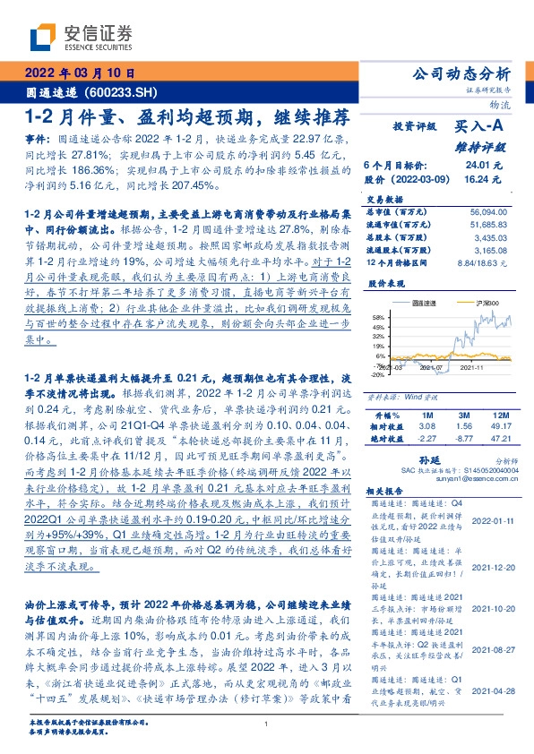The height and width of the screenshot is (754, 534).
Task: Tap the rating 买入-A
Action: coord(488,129)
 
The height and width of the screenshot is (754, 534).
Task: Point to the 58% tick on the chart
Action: coord(376,318)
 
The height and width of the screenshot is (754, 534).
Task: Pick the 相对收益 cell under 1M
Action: coord(426,427)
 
